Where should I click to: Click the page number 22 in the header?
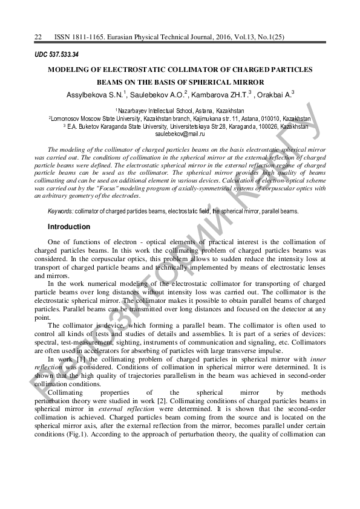[x=38, y=37]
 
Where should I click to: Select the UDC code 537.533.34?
[x=61, y=54]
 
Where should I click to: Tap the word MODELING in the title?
[x=72, y=70]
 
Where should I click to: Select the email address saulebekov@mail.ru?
[x=180, y=134]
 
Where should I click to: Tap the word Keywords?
[x=61, y=211]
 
